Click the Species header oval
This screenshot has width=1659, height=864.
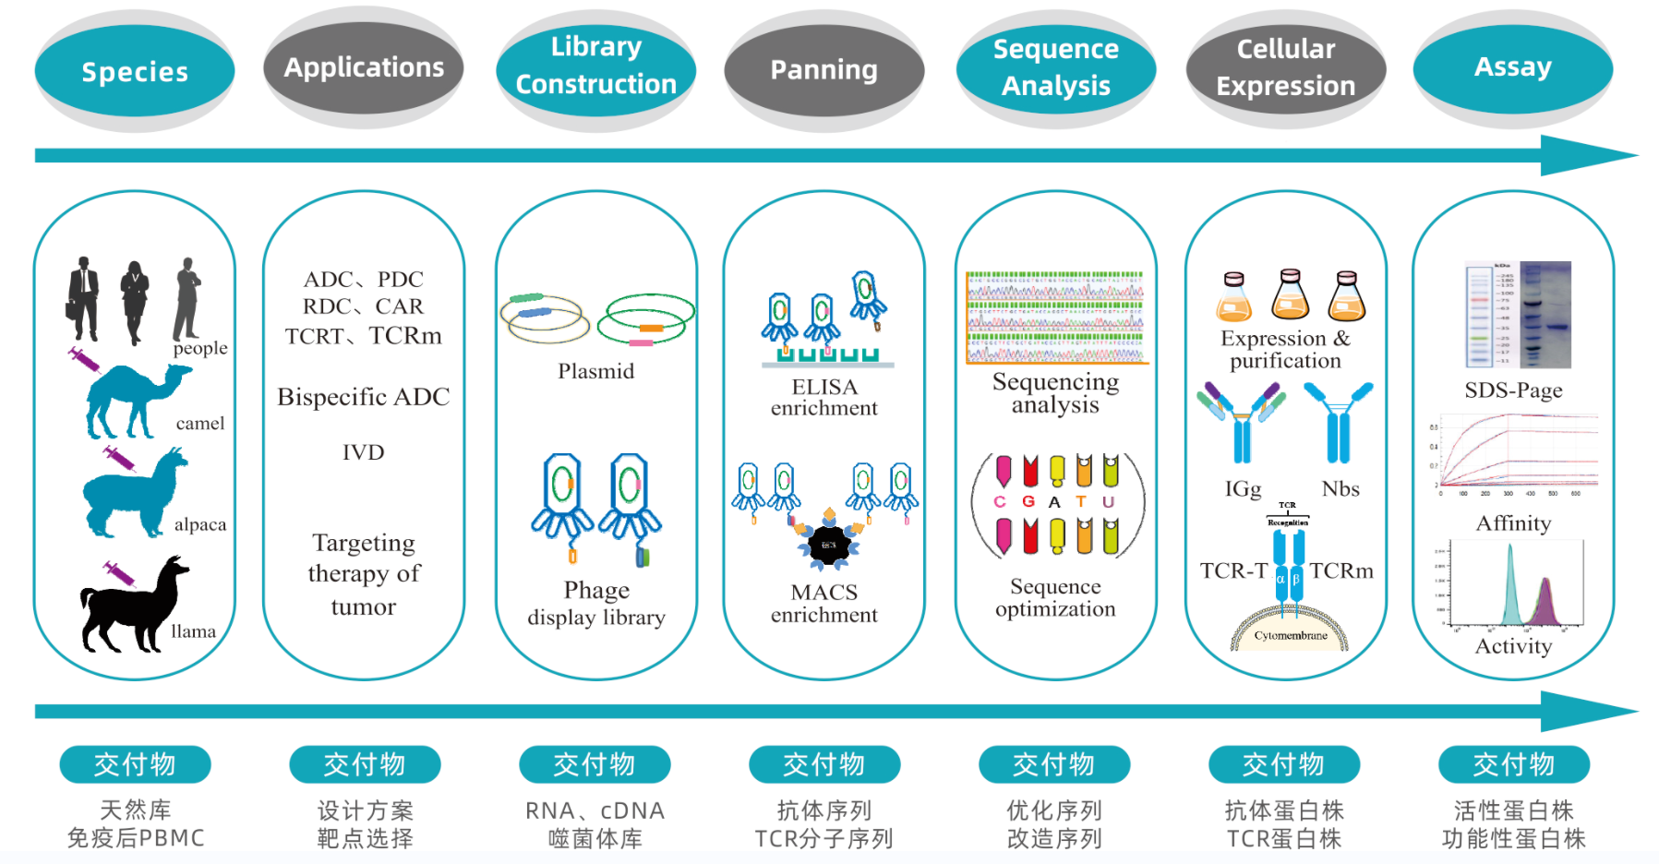tap(135, 71)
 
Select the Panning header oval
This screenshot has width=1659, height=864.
tap(823, 70)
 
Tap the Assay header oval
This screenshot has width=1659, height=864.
tap(1513, 67)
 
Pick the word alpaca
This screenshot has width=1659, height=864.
tap(200, 524)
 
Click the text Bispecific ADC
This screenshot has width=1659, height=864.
tap(364, 397)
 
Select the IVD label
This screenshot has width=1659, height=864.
tap(364, 452)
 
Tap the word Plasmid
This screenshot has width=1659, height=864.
tap(595, 371)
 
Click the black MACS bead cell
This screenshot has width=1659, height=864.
tap(828, 545)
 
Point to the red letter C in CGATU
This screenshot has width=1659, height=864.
tap(1000, 502)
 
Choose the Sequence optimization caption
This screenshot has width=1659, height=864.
tap(1055, 598)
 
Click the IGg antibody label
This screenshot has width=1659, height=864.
tap(1243, 489)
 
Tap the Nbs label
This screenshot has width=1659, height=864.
tap(1340, 489)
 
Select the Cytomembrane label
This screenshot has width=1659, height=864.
tap(1291, 636)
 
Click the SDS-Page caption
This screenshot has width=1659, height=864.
tap(1513, 390)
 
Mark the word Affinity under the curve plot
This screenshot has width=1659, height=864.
tap(1513, 523)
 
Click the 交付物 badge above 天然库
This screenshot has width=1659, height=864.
tap(135, 764)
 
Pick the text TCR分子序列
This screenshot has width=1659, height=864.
tap(823, 838)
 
